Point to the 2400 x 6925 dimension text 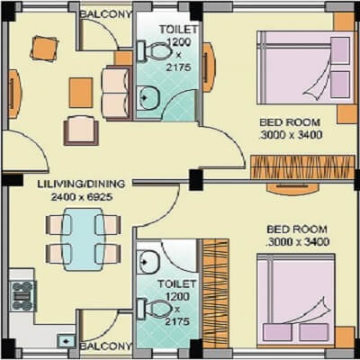point(73,197)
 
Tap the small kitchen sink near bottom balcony point(66,341)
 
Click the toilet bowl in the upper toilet point(160,51)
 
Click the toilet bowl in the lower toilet point(159,308)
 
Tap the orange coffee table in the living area point(81,89)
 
